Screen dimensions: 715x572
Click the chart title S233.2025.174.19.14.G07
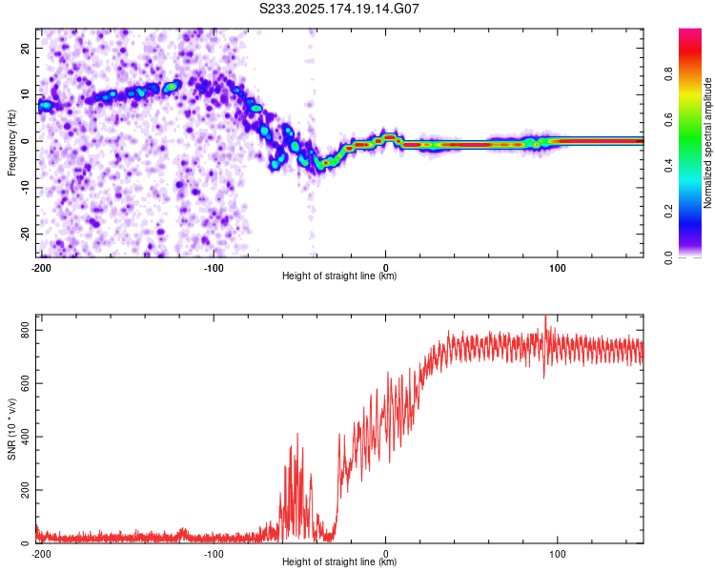(338, 9)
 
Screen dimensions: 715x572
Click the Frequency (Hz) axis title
(11, 142)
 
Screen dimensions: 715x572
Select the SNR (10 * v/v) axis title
(11, 429)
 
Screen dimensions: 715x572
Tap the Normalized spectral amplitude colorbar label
(707, 143)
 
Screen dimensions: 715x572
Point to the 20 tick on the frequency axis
(25, 49)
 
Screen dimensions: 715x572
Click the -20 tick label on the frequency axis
(25, 234)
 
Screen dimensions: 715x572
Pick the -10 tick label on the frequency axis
(25, 188)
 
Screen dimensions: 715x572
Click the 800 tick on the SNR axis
(25, 330)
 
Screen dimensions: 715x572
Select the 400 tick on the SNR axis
(25, 437)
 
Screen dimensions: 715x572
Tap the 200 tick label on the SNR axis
(25, 490)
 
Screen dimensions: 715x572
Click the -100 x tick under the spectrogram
(214, 268)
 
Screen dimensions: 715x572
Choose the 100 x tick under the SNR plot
(558, 554)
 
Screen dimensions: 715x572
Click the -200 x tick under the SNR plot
(41, 554)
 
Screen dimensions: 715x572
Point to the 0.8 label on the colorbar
(668, 74)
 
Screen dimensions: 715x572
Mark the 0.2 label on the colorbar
(668, 212)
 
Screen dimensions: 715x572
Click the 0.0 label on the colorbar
(668, 257)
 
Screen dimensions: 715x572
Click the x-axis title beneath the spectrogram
(339, 276)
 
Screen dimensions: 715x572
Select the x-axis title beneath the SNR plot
(339, 562)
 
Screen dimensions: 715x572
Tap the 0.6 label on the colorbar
(668, 120)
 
